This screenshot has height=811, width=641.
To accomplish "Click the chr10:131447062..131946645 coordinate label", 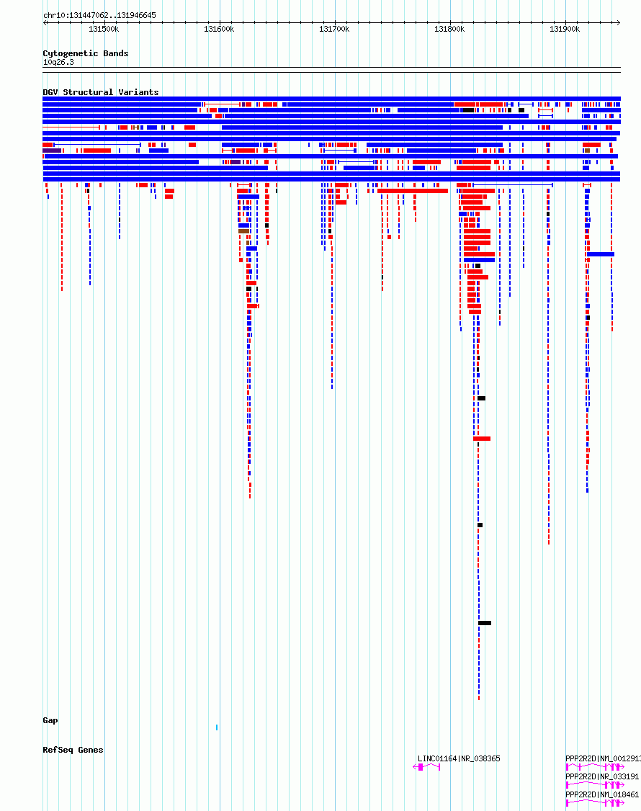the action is [x=99, y=16].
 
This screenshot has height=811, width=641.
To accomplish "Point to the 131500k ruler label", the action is [x=104, y=29].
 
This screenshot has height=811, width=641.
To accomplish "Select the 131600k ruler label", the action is [x=219, y=29].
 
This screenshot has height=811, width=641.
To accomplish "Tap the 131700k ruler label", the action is [x=334, y=29].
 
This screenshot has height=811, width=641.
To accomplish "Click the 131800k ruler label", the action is [x=449, y=29].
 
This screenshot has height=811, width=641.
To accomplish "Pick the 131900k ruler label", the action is [x=565, y=29].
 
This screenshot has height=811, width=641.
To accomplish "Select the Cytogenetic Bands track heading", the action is [x=86, y=53].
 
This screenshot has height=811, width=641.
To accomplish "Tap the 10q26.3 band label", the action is [x=58, y=62].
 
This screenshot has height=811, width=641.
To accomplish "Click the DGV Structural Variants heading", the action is [x=100, y=92].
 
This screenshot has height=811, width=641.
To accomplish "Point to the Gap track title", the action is [x=50, y=720].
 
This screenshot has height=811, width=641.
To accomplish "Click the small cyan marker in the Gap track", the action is [x=217, y=727].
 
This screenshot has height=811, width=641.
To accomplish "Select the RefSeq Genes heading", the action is [x=73, y=750].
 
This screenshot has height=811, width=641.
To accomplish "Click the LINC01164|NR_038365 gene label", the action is [x=459, y=758].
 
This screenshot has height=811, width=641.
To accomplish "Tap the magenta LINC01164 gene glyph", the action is [x=426, y=767].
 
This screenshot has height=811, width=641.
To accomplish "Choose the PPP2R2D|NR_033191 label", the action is [x=602, y=777].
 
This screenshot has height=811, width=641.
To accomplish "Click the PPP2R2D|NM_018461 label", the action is [x=602, y=794].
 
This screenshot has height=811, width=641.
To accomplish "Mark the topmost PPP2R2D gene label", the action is [x=603, y=758].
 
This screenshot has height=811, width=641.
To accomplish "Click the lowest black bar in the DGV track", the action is [x=485, y=623].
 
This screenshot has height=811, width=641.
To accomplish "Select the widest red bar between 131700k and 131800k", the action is [x=413, y=191].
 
